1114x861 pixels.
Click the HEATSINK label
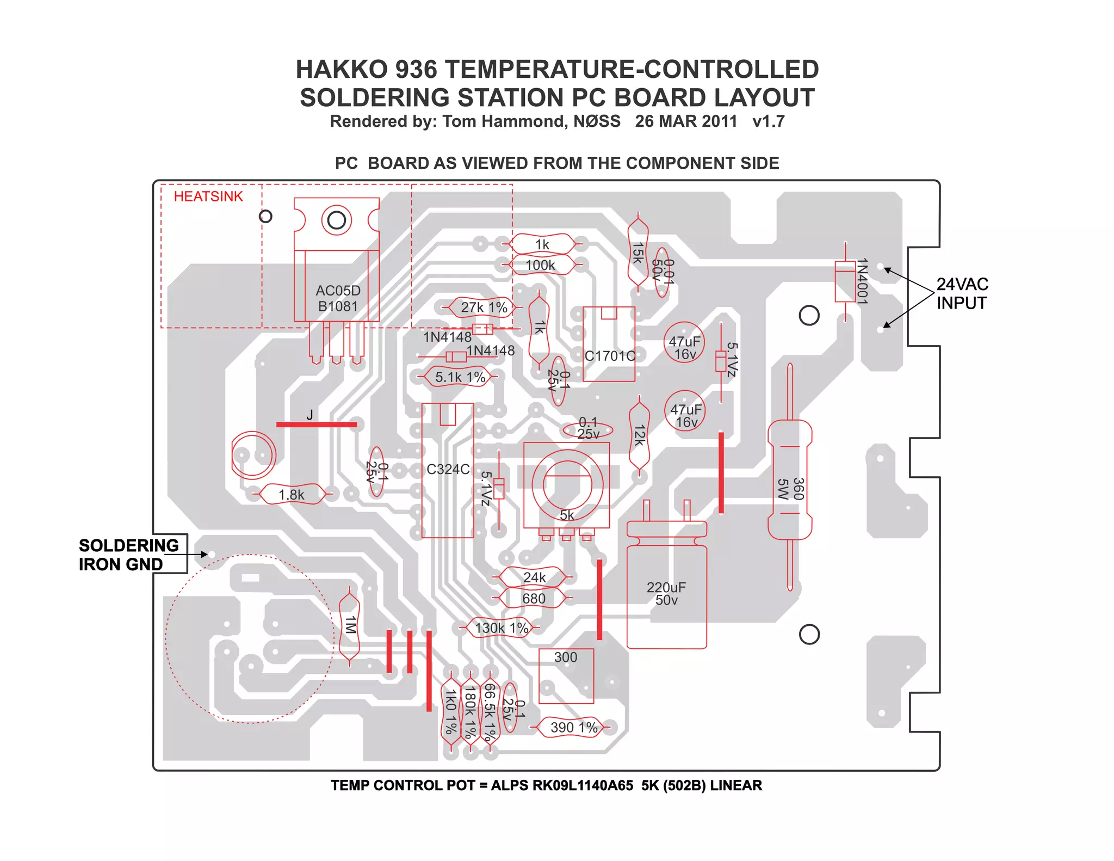[x=208, y=196]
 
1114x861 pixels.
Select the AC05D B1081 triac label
[x=338, y=298]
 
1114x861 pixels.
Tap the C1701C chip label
[x=610, y=356]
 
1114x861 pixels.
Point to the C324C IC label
[x=448, y=469]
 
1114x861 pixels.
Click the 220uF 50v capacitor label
[x=666, y=594]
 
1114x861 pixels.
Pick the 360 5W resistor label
[x=790, y=488]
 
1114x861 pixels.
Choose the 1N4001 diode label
[x=862, y=281]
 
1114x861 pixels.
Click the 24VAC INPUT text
[x=962, y=293]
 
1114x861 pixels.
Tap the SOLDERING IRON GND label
[x=128, y=555]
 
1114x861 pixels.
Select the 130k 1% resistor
[x=501, y=628]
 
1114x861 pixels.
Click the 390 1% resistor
[x=573, y=727]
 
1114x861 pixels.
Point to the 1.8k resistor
[x=292, y=495]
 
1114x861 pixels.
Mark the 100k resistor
[x=540, y=265]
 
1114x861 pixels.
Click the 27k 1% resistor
[x=484, y=307]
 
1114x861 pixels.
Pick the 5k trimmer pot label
[x=567, y=515]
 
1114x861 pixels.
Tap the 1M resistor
[x=350, y=625]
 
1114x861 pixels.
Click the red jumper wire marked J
[x=317, y=424]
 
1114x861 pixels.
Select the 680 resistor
[x=534, y=599]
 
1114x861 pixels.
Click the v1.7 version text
[x=768, y=121]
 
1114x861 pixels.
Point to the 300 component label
[x=566, y=657]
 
